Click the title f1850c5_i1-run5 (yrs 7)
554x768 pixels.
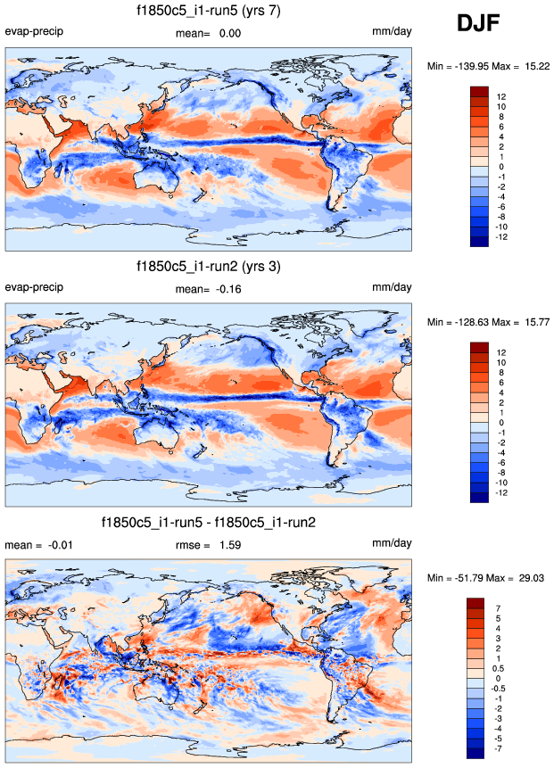tap(210, 11)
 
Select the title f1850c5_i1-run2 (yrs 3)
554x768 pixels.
tap(210, 266)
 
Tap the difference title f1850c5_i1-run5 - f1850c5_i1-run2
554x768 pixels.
tap(210, 522)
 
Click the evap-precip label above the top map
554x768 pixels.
tap(34, 32)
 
